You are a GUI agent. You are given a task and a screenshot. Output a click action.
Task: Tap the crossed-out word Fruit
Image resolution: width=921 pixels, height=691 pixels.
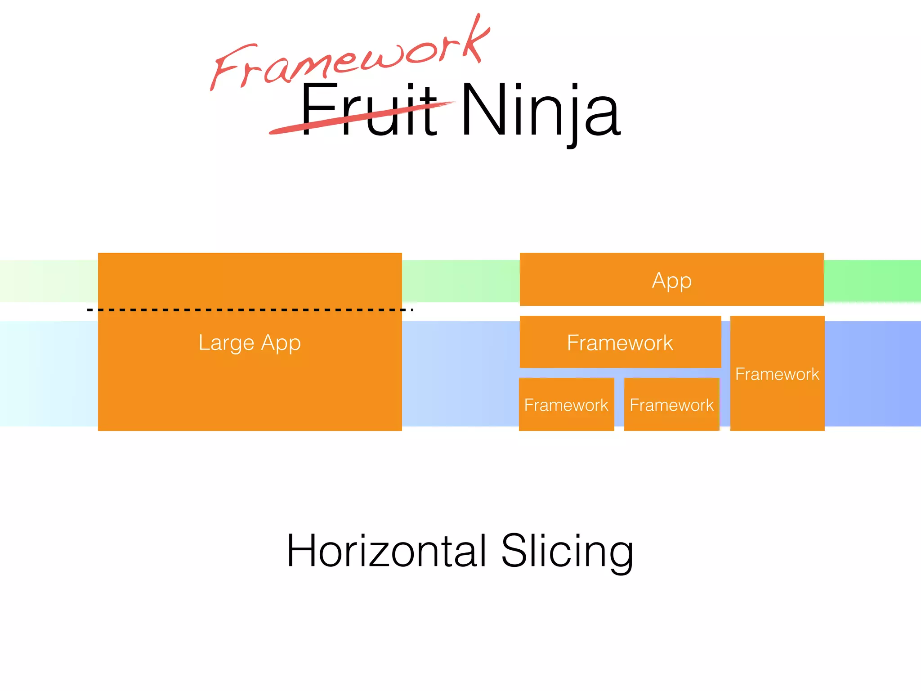click(x=369, y=110)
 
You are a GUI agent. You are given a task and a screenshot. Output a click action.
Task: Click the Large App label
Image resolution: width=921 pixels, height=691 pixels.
click(x=250, y=343)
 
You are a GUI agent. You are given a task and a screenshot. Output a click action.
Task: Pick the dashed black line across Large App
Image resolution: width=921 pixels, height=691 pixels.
click(x=250, y=310)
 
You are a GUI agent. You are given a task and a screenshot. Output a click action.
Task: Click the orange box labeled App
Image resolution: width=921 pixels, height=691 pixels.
click(x=671, y=280)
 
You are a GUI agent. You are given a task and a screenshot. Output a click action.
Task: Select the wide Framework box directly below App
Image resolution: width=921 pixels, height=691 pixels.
click(x=620, y=342)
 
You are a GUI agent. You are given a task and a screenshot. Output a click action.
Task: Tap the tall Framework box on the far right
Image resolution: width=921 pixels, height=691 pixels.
click(x=777, y=373)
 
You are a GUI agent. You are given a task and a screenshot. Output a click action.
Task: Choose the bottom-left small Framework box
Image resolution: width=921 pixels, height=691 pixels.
click(x=566, y=404)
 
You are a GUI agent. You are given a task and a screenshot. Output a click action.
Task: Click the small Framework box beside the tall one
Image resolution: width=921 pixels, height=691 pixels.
click(x=671, y=404)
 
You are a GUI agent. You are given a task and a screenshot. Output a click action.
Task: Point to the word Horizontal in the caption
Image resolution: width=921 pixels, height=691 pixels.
click(x=387, y=551)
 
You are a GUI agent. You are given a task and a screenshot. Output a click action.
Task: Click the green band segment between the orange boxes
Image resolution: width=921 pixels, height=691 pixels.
click(x=461, y=281)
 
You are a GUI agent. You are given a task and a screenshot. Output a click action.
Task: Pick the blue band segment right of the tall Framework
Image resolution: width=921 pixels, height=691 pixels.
click(x=872, y=373)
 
